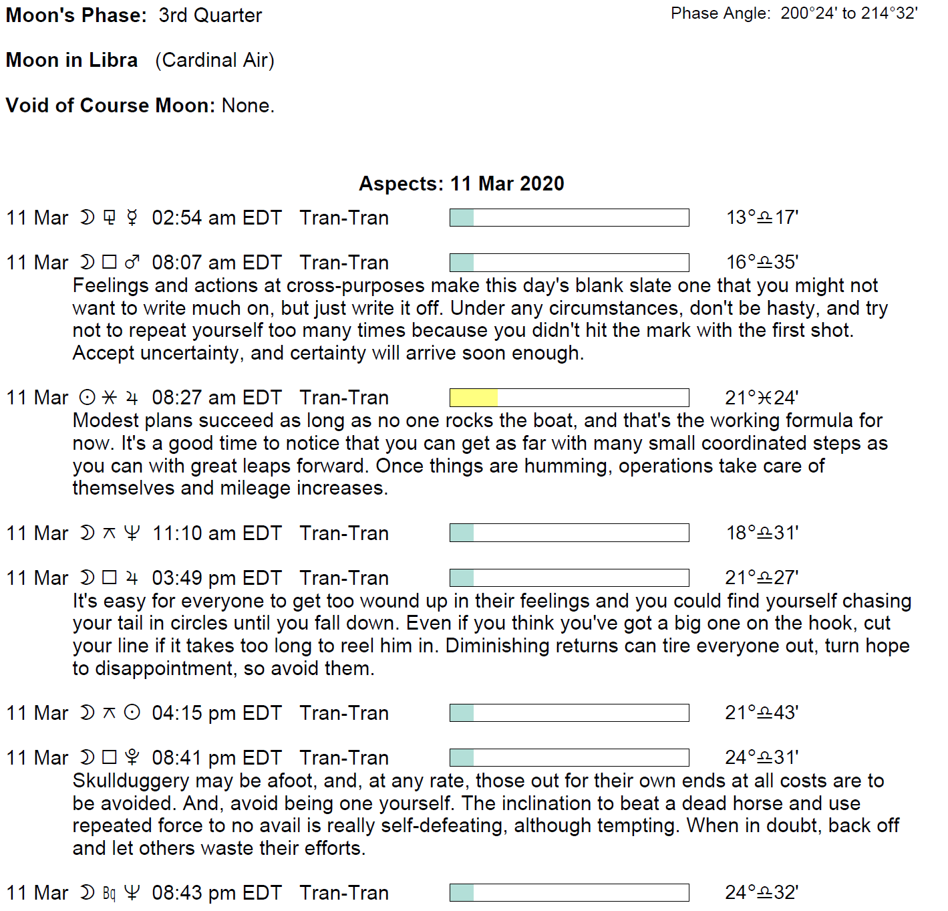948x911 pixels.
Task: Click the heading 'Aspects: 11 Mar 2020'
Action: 461,184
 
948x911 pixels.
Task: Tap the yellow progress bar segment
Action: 474,398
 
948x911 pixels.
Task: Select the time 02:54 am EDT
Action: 216,218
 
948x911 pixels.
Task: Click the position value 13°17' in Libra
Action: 762,218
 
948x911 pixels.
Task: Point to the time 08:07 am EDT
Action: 216,263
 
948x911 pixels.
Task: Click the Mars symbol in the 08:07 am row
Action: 132,263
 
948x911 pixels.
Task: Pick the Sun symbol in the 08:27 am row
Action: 88,398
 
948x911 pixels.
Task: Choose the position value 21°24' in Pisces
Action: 762,398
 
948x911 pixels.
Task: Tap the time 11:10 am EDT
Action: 216,533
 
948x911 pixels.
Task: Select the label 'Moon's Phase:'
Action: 76,15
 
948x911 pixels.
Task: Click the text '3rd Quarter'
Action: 210,15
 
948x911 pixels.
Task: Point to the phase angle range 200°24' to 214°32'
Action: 849,13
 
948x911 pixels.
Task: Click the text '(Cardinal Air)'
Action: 214,60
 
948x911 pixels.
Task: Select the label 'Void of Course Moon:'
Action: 110,106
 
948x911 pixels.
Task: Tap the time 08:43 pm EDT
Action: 216,893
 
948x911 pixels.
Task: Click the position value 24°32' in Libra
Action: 762,893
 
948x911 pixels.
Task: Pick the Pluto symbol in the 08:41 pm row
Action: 132,758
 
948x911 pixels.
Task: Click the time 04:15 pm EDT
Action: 216,713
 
